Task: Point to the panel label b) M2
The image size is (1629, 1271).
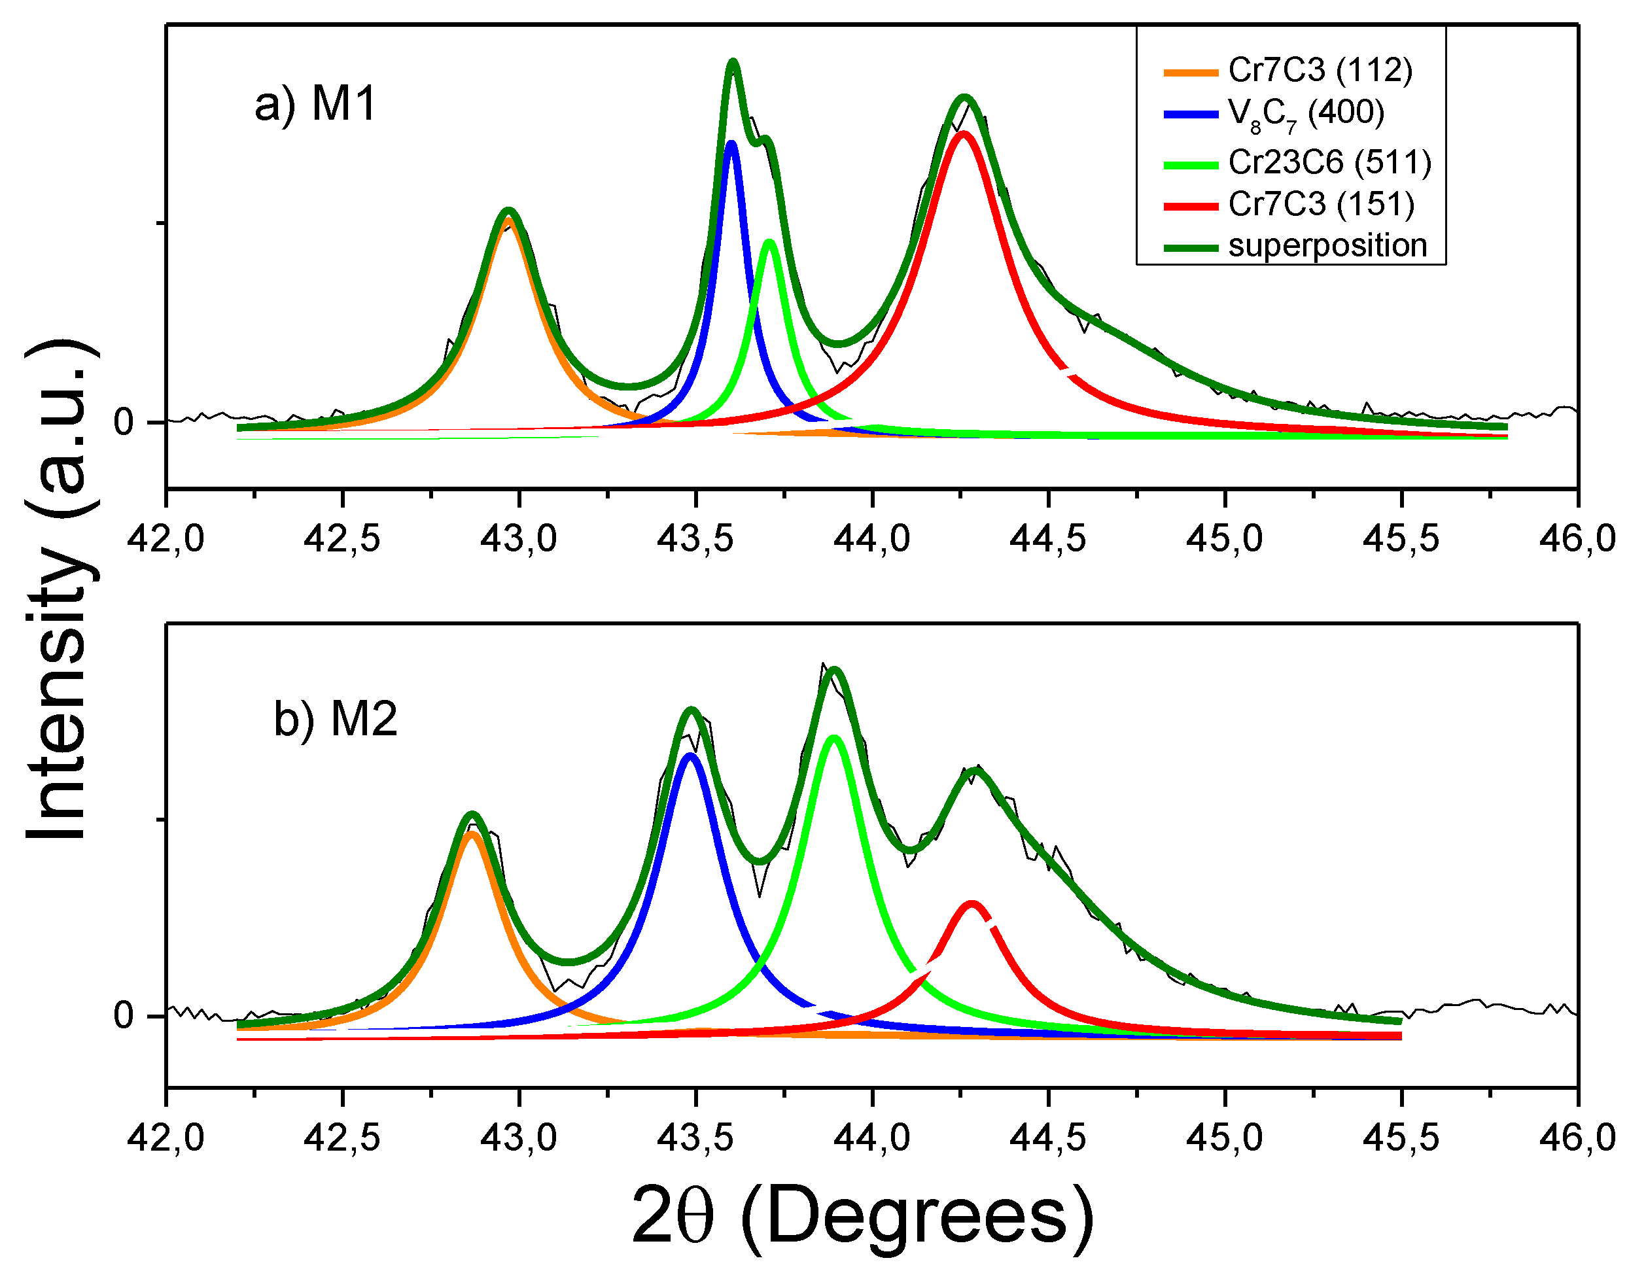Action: tap(336, 719)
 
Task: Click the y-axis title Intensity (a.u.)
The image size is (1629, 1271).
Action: tap(60, 589)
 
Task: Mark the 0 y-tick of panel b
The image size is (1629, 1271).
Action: tap(123, 1016)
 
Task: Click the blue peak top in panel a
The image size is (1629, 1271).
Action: tap(731, 143)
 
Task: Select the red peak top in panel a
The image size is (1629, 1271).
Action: tap(964, 134)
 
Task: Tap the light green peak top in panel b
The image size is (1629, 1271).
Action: tap(834, 739)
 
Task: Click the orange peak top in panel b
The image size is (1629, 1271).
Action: tap(472, 834)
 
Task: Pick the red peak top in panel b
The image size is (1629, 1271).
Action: tap(971, 904)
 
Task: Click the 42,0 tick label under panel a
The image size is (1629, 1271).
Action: tap(166, 538)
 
